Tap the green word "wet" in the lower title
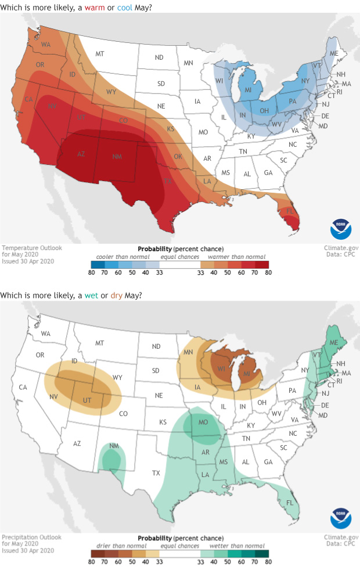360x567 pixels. (101, 295)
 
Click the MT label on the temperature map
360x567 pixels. (100, 54)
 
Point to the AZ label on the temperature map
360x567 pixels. (81, 154)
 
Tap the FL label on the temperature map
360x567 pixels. (289, 211)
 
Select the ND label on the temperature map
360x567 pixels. (158, 57)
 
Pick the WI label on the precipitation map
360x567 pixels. (221, 369)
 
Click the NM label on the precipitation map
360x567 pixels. (114, 446)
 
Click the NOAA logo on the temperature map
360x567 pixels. (341, 229)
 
